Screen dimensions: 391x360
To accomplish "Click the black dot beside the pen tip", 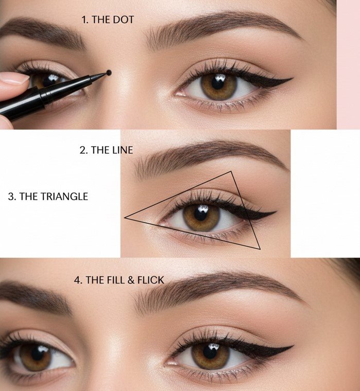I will (109, 73).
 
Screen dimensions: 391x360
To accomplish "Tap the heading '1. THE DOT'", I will (108, 20).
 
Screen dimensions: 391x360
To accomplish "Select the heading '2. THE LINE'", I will (106, 150).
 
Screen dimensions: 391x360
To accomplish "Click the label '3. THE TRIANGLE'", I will (48, 197).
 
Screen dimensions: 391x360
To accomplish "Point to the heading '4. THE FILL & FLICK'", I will (119, 280).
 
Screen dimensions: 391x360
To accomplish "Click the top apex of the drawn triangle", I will (231, 172).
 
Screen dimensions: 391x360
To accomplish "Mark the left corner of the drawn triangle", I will (125, 218).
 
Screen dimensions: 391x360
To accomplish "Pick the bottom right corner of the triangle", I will (261, 249).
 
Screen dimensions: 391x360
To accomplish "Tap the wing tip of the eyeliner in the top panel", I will (292, 79).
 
